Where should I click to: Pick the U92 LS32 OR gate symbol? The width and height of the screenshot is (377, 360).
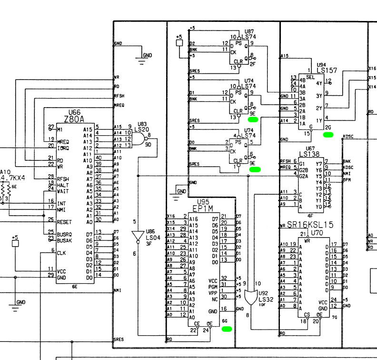(249, 299)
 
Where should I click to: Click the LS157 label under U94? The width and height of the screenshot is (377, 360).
(327, 70)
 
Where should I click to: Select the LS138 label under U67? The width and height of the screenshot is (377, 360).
(309, 154)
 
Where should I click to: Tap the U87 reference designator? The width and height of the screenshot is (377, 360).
(248, 31)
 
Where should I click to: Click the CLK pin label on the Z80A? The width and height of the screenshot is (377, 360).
(61, 253)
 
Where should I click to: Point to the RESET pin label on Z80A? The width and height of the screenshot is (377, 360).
(64, 222)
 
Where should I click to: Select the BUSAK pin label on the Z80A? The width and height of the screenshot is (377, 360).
(65, 240)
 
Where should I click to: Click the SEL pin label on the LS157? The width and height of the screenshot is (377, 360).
(310, 77)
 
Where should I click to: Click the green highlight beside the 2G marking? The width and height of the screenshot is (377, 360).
(328, 135)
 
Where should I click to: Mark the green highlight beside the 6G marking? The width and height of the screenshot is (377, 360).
(227, 329)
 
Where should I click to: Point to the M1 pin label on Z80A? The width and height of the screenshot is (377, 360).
(60, 129)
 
